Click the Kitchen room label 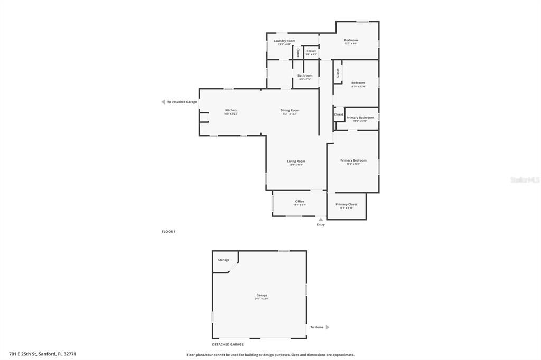click(230, 110)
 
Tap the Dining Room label click(290, 110)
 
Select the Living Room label click(296, 161)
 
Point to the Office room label click(300, 201)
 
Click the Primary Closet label click(346, 204)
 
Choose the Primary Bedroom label click(353, 160)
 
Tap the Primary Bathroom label click(360, 117)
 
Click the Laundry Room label click(284, 41)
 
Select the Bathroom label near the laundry click(305, 75)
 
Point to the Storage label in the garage click(223, 260)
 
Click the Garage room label click(262, 295)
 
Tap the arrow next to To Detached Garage click(163, 102)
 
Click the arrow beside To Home click(327, 327)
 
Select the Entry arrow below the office click(321, 219)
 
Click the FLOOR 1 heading click(169, 232)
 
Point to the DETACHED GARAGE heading click(228, 344)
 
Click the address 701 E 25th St click(42, 354)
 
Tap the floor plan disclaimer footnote click(270, 355)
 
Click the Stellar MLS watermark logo click(525, 180)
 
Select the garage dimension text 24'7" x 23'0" click(262, 299)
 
